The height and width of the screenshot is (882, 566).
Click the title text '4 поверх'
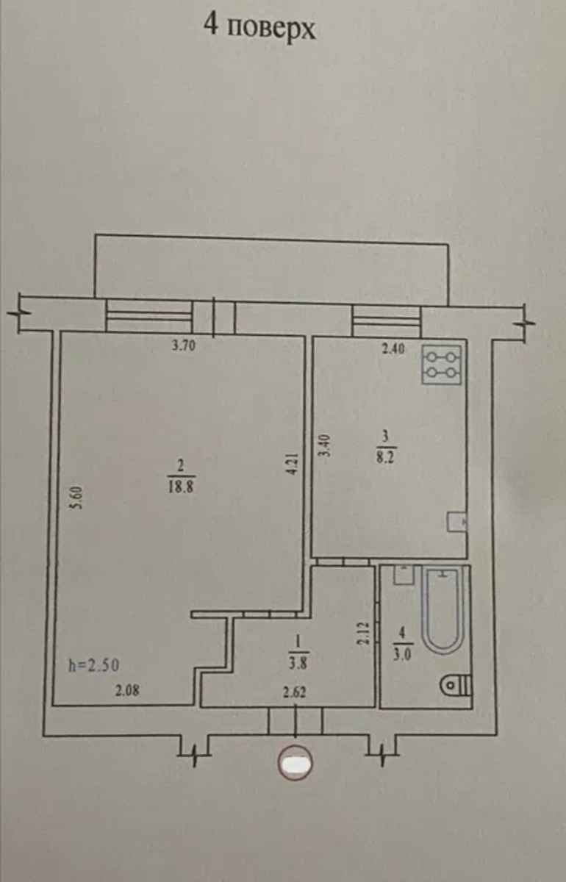(259, 28)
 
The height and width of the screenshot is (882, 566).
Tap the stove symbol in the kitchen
(441, 365)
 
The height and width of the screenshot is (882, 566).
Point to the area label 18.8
(182, 488)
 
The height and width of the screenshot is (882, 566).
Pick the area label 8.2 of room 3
(386, 459)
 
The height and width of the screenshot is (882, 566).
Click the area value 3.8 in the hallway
(298, 664)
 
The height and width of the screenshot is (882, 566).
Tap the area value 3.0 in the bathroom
(402, 655)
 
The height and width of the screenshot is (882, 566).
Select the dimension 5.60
(78, 498)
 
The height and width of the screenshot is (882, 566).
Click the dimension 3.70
(184, 346)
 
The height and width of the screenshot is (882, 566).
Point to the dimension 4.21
(293, 465)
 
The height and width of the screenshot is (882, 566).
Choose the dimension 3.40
(326, 445)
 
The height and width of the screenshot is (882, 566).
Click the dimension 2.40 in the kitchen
(393, 348)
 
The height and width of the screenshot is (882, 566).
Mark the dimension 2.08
(127, 690)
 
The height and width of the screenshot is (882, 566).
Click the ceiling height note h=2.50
(94, 665)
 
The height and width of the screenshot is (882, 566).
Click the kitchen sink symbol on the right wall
(457, 522)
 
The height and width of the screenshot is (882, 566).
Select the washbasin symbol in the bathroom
(404, 575)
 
